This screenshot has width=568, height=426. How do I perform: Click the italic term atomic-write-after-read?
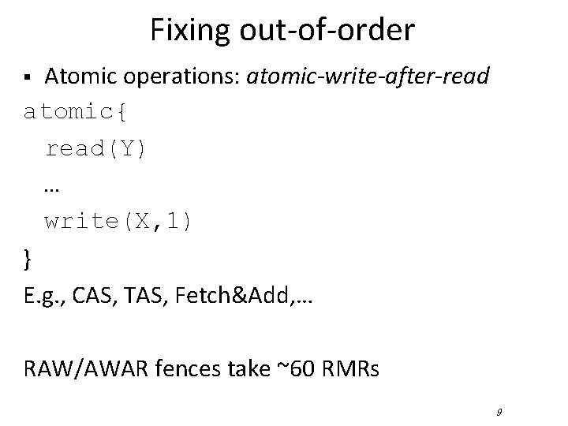click(368, 77)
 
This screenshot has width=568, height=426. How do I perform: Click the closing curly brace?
click(28, 259)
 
